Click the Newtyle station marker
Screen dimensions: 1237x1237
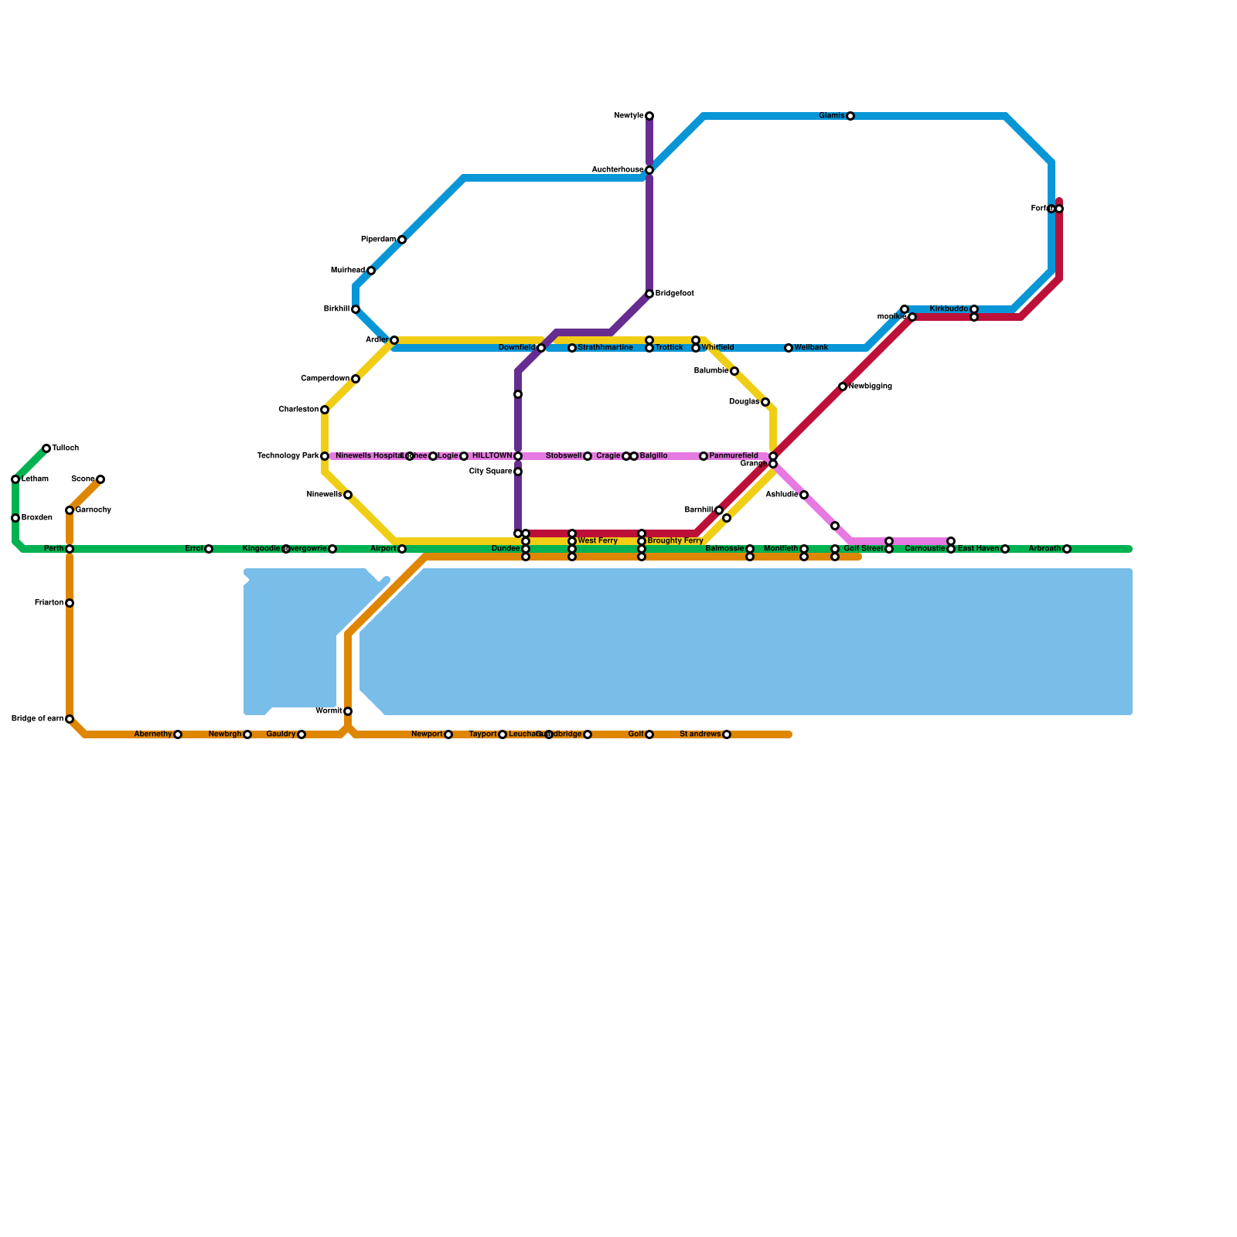point(649,116)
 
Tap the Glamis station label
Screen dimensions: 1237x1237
point(832,116)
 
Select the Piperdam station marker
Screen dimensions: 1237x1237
point(402,240)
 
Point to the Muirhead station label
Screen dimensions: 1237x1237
point(348,271)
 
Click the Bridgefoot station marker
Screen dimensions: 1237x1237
point(649,294)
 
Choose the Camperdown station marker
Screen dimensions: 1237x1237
point(356,379)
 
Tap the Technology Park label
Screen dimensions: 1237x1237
point(288,456)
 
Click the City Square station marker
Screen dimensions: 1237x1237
point(518,472)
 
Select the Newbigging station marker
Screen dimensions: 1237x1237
point(843,387)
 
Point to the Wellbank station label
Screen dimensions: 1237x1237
point(811,348)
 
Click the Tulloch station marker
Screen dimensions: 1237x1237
point(46,448)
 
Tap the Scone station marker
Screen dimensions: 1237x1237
point(101,479)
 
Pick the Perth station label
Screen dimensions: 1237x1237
point(53,549)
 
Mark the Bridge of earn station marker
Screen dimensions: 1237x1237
point(70,719)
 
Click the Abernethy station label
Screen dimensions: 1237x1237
point(153,734)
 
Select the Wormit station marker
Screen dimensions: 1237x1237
point(348,711)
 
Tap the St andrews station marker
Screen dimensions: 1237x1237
point(727,734)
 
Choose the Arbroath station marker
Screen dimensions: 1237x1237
point(1067,549)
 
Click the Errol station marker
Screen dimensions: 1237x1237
point(209,549)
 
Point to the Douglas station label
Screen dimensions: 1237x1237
point(744,402)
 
